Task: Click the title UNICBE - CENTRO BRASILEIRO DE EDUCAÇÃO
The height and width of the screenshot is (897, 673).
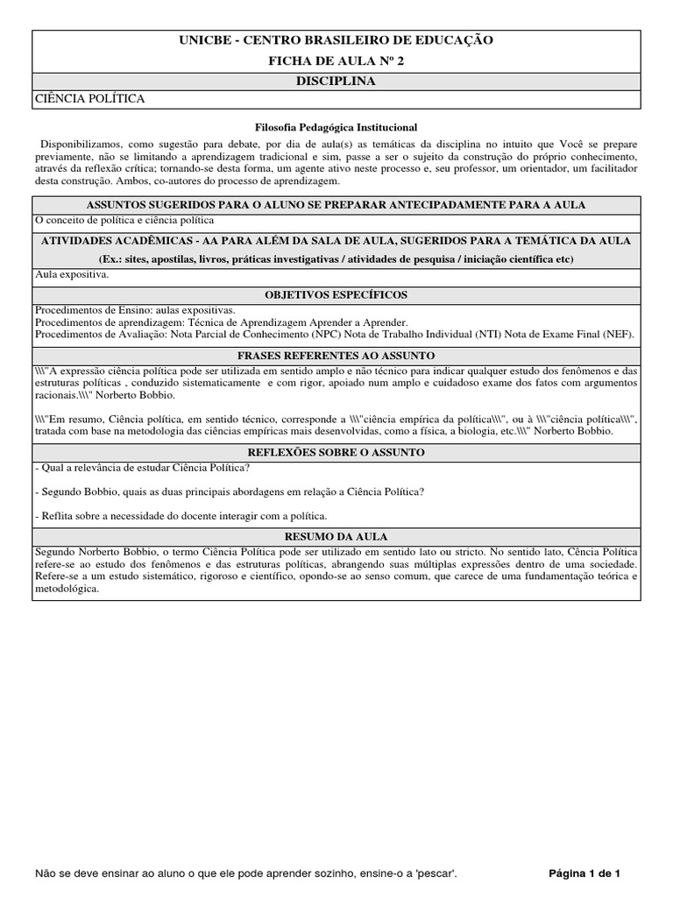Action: tap(336, 40)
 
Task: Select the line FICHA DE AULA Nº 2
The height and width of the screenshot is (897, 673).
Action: tap(336, 60)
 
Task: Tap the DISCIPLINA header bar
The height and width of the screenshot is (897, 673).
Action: tap(336, 81)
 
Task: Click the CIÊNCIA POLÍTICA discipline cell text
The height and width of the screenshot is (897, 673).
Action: tap(89, 99)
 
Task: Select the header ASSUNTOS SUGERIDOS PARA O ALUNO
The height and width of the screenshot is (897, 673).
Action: tap(336, 205)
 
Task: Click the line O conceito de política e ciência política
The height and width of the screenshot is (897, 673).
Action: tap(124, 221)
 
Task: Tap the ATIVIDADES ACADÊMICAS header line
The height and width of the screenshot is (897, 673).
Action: tap(336, 240)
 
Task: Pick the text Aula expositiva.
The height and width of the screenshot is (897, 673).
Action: tap(72, 275)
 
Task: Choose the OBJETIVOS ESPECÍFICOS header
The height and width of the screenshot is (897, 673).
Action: tap(336, 294)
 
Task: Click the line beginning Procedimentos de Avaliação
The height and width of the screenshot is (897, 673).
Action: tap(334, 334)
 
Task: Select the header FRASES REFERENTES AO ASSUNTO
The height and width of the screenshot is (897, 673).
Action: tap(336, 356)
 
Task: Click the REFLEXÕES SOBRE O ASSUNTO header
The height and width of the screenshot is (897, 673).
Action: tap(336, 452)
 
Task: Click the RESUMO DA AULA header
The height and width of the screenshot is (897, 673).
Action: tap(336, 536)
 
